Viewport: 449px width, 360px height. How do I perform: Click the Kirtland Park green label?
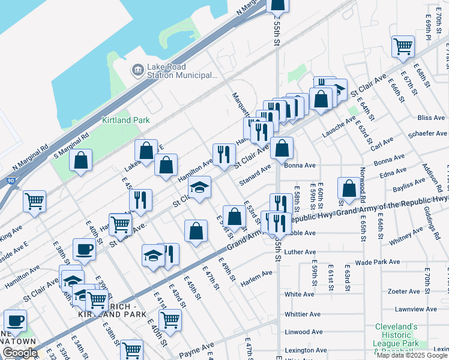pyautogui.click(x=125, y=120)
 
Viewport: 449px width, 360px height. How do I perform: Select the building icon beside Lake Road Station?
pyautogui.click(x=138, y=71)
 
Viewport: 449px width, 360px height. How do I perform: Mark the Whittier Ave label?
pyautogui.click(x=303, y=314)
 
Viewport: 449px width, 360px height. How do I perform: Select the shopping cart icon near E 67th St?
pyautogui.click(x=403, y=46)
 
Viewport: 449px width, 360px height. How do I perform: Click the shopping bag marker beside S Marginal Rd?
pyautogui.click(x=80, y=160)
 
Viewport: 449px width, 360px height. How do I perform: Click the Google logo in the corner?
pyautogui.click(x=19, y=353)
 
